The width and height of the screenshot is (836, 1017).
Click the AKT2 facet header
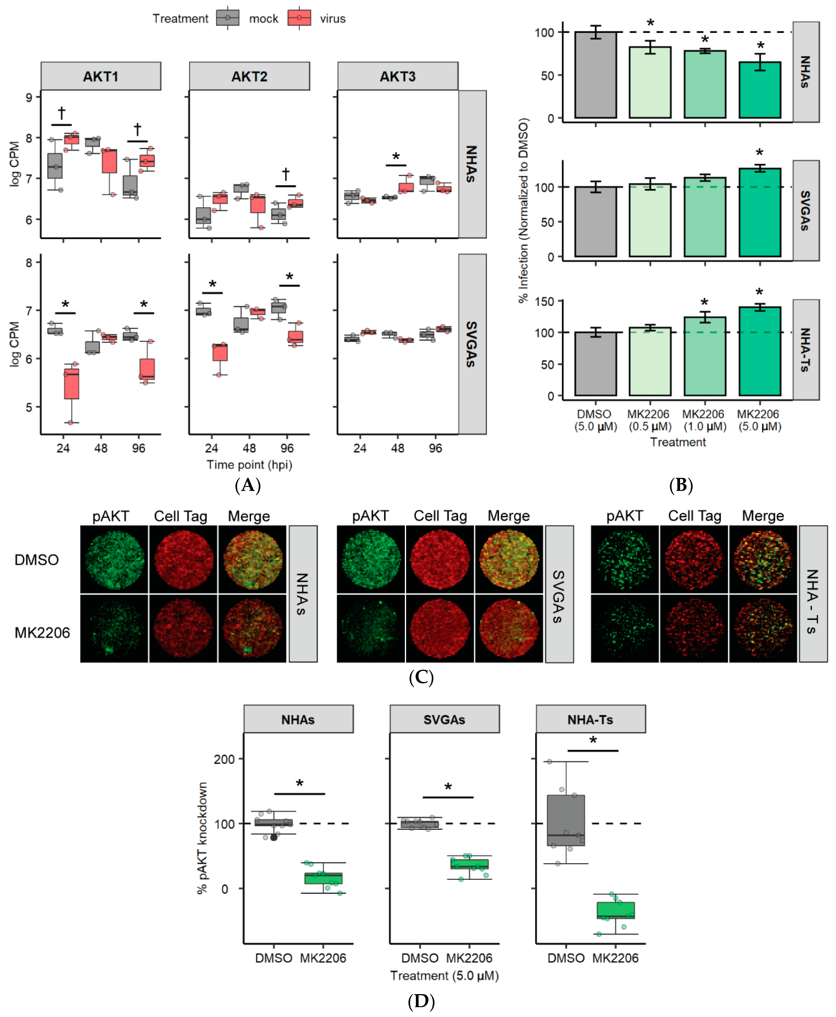point(249,76)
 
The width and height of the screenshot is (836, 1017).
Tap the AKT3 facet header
point(397,76)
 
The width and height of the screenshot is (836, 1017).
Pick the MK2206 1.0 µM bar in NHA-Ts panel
point(704,356)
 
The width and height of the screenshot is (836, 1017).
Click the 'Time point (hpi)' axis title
point(249,465)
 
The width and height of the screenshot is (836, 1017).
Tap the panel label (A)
point(248,485)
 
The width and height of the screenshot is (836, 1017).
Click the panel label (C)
point(421,677)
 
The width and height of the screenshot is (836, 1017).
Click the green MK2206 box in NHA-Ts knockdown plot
point(616,910)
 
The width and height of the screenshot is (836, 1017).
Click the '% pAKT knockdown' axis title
point(202,838)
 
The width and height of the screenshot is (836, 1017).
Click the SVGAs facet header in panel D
point(444,719)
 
